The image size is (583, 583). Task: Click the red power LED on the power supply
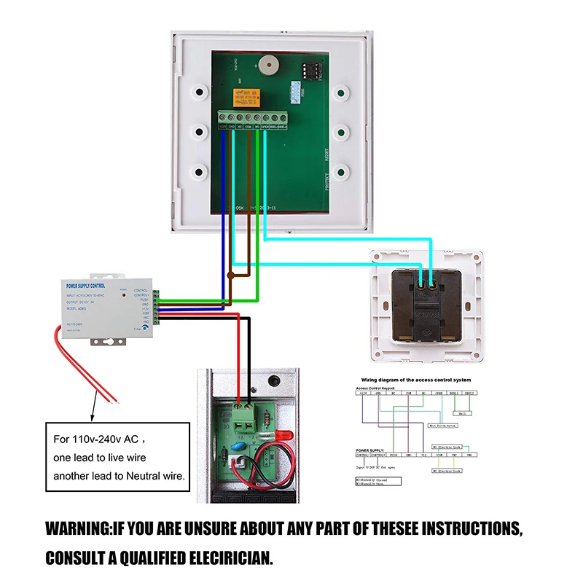pos(125,297)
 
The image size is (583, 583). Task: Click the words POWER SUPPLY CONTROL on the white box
pos(86,286)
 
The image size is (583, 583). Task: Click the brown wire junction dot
pos(230,275)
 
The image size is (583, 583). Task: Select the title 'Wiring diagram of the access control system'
pos(416,380)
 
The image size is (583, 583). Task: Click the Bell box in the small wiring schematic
pos(465,413)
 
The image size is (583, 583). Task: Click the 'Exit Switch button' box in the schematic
pos(443,424)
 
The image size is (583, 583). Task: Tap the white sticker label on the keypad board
pos(294,90)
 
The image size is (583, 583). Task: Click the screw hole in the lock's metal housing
pos(274,380)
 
